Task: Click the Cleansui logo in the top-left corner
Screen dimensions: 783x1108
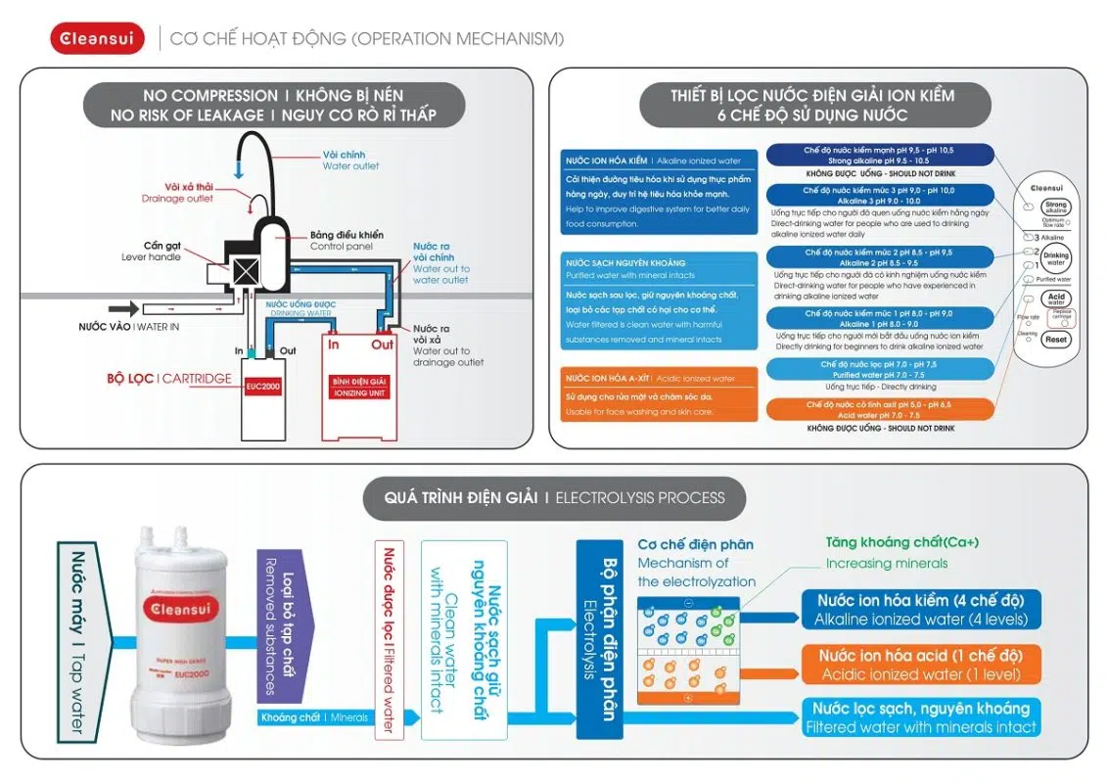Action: point(97,39)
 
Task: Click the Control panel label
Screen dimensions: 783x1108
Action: point(346,241)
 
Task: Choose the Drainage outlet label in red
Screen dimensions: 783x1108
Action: point(177,193)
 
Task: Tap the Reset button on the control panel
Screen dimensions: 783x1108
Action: point(1055,340)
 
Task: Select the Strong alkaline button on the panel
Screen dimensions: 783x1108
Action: point(1055,207)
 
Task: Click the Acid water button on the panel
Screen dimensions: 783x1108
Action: point(1055,299)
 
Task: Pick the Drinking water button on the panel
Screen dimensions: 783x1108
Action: point(1055,258)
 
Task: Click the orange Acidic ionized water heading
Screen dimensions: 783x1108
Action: point(662,378)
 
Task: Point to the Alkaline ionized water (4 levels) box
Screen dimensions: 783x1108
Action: point(921,609)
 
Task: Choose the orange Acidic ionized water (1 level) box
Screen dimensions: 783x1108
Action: point(921,665)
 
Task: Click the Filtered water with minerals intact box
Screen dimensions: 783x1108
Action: point(921,717)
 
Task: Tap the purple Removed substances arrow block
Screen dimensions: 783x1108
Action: point(284,625)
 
